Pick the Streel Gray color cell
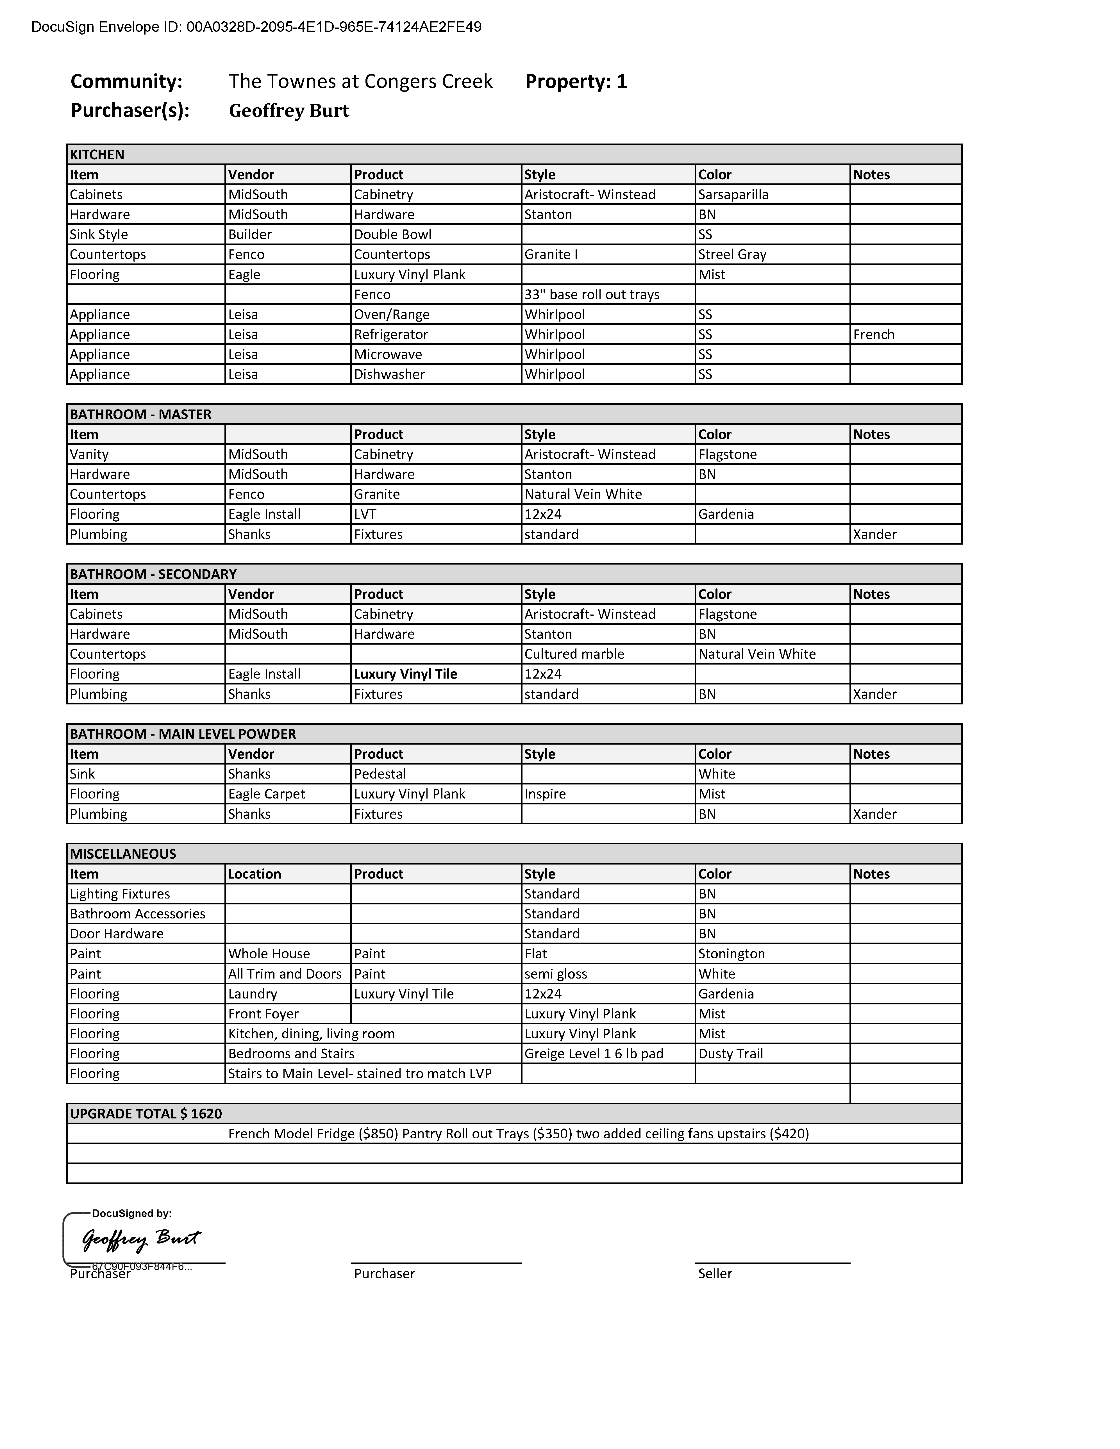click(x=732, y=254)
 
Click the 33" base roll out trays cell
click(x=592, y=295)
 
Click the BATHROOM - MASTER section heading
click(x=141, y=414)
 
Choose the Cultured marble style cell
click(x=574, y=654)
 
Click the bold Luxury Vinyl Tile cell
click(x=405, y=674)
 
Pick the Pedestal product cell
click(x=380, y=774)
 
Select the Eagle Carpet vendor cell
click(x=266, y=794)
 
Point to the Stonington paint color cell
click(x=731, y=953)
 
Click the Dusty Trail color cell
click(x=731, y=1054)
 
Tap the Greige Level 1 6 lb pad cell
click(x=593, y=1054)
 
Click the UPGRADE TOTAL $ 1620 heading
click(x=146, y=1113)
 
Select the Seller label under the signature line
click(x=715, y=1273)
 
